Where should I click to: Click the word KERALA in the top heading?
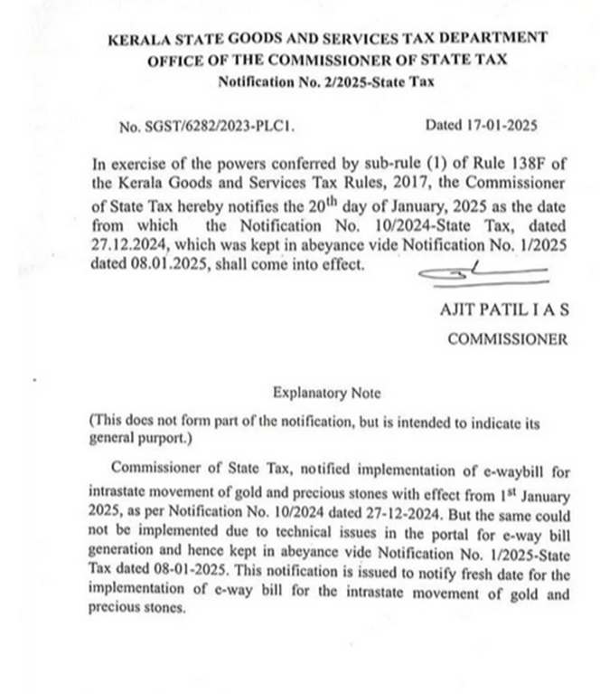(136, 39)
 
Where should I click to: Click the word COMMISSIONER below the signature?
(508, 340)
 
